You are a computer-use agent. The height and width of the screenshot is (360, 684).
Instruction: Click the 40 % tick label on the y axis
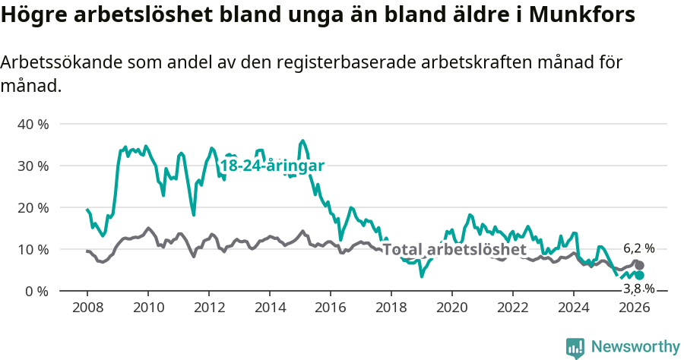pos(33,124)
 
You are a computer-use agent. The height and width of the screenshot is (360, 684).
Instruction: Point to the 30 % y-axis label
pos(33,166)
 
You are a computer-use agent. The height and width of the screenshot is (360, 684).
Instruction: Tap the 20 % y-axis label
pos(33,207)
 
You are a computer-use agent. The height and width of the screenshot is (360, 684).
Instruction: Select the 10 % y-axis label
pos(33,249)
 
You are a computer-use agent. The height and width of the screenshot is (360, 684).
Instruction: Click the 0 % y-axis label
pos(36,291)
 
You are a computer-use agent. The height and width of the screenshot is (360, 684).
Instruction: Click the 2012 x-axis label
pos(208,308)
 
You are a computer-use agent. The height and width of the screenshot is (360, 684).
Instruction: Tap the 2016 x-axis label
pos(330,308)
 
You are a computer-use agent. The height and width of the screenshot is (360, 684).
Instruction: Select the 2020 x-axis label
pos(451,308)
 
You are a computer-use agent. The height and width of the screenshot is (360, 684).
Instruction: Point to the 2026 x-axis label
pos(634,308)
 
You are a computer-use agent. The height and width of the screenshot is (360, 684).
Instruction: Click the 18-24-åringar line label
pos(272,166)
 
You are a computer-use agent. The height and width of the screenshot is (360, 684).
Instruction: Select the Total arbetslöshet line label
pos(454,249)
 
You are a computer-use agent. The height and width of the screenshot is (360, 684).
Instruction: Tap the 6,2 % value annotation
pos(638,248)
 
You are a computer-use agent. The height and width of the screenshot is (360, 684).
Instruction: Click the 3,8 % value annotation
pos(638,289)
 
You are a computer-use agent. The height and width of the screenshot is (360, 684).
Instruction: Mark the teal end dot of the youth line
pos(640,275)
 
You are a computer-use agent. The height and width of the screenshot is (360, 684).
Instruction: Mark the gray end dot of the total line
pos(640,265)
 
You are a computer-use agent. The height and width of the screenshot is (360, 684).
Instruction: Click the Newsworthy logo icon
pos(575,348)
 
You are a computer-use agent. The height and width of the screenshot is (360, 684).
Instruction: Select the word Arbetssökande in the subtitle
pos(58,63)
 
